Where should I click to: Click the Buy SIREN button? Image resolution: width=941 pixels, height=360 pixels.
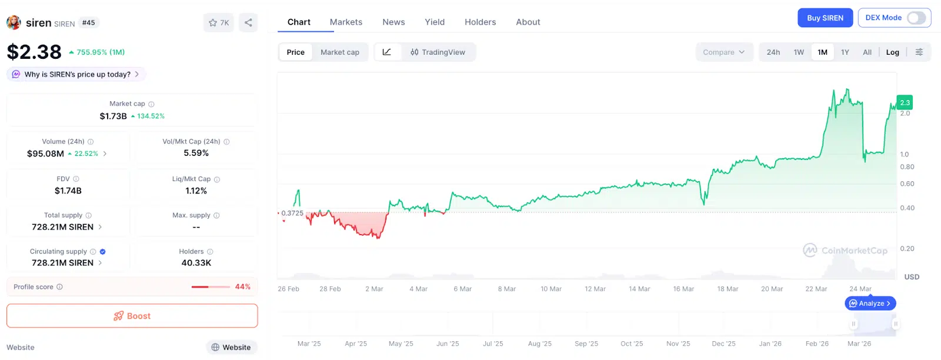(825, 18)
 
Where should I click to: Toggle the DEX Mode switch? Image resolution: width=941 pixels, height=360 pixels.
(916, 18)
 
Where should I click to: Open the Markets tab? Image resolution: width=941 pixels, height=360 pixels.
(346, 22)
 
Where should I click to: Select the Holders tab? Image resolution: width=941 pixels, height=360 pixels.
(480, 22)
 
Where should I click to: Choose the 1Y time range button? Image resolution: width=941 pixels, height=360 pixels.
(845, 52)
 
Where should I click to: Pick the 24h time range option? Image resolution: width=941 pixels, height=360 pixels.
(773, 52)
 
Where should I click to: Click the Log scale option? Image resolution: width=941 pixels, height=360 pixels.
(892, 52)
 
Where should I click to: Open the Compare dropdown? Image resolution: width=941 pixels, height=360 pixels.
(723, 52)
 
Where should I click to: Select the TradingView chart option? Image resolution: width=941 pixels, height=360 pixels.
(438, 52)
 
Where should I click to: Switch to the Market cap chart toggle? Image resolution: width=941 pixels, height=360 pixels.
(339, 52)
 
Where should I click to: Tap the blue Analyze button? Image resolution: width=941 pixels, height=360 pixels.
(870, 304)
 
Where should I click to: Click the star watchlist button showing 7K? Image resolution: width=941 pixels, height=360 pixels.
(219, 23)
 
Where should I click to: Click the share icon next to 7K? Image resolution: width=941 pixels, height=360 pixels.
(248, 23)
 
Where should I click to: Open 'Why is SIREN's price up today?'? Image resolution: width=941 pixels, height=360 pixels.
(77, 75)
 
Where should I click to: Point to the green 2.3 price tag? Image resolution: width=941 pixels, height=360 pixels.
(905, 103)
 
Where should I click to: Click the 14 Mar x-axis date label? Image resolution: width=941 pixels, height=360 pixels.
(639, 289)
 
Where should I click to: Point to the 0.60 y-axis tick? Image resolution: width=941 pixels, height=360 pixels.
(907, 184)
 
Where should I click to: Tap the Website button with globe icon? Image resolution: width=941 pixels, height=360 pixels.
(231, 348)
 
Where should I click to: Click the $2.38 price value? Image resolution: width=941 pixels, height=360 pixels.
(34, 52)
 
